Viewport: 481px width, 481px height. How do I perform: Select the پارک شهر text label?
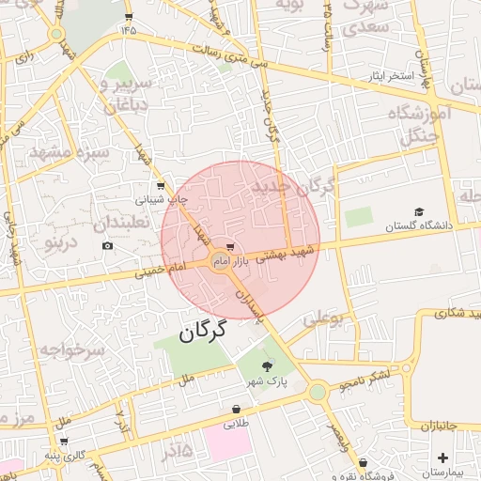tap(266, 381)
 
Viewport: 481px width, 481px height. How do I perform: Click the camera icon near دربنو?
tap(107, 246)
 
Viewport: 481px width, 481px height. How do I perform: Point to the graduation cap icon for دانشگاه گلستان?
tap(419, 212)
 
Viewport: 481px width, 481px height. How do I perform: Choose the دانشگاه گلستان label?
tap(418, 226)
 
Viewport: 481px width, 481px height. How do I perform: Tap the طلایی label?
tap(235, 424)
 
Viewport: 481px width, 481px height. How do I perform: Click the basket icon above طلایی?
tap(235, 410)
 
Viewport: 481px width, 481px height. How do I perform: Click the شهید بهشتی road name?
tap(283, 254)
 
